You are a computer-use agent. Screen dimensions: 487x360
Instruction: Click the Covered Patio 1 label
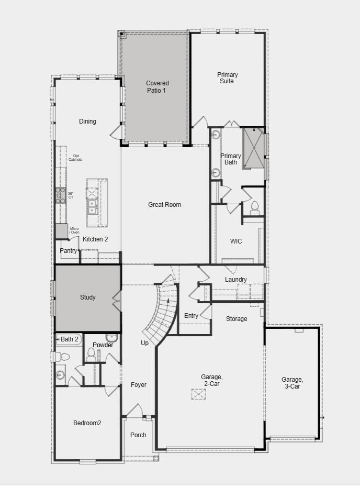pyautogui.click(x=157, y=86)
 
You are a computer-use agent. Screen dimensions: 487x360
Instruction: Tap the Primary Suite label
pyautogui.click(x=227, y=78)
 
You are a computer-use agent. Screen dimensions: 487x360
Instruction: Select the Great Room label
pyautogui.click(x=164, y=205)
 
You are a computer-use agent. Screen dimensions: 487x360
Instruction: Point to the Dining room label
pyautogui.click(x=87, y=121)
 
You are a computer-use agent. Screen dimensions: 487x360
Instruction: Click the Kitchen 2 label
pyautogui.click(x=95, y=239)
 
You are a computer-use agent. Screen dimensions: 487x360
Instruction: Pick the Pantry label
pyautogui.click(x=68, y=251)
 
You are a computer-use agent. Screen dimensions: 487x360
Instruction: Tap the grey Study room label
pyautogui.click(x=87, y=297)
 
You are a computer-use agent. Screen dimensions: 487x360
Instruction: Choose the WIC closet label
pyautogui.click(x=236, y=241)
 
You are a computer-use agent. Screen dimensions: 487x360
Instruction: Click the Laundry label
pyautogui.click(x=236, y=280)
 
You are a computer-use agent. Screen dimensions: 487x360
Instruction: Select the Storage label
pyautogui.click(x=237, y=319)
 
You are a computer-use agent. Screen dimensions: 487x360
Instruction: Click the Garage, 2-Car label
pyautogui.click(x=212, y=380)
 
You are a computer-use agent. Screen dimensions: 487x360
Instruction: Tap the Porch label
pyautogui.click(x=138, y=435)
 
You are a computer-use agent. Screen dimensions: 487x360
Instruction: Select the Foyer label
pyautogui.click(x=139, y=385)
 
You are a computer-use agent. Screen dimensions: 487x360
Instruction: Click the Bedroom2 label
pyautogui.click(x=87, y=423)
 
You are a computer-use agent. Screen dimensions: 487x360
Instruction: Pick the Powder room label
pyautogui.click(x=103, y=345)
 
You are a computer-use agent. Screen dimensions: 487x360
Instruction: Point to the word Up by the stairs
pyautogui.click(x=144, y=343)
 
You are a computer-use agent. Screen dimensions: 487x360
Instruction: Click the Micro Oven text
pyautogui.click(x=74, y=230)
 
